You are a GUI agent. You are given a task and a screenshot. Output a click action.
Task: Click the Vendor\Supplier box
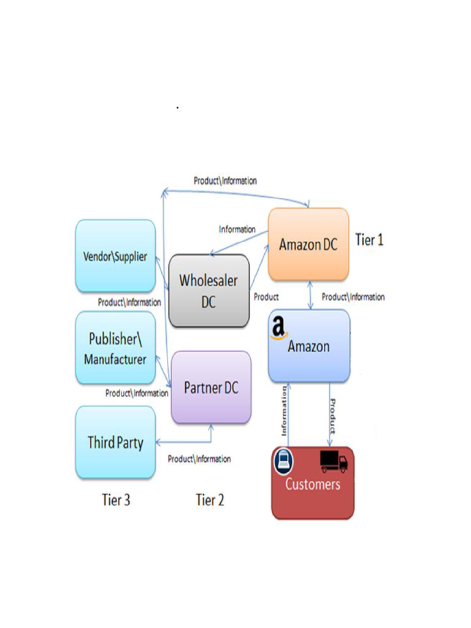[115, 256]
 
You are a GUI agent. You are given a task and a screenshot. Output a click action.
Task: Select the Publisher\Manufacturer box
[115, 348]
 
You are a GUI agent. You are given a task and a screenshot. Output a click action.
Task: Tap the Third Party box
[115, 442]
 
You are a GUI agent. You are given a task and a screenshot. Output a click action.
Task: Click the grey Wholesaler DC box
[209, 291]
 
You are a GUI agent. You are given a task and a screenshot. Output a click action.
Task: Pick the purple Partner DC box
[211, 388]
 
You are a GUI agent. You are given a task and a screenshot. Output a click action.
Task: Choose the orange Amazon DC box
[308, 244]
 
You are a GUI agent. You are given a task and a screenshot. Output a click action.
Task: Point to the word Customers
[312, 484]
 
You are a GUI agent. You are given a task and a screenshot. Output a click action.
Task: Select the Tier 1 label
[369, 240]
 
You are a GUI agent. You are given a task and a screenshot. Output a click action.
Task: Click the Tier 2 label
[210, 500]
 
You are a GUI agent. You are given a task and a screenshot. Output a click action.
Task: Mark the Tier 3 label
[116, 500]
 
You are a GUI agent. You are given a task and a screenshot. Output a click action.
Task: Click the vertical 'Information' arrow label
[284, 411]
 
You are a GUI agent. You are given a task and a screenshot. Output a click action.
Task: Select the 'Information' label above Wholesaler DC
[237, 229]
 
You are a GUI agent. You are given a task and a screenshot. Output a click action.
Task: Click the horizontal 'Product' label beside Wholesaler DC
[266, 297]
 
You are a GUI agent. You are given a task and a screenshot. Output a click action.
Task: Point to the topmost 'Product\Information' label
[225, 181]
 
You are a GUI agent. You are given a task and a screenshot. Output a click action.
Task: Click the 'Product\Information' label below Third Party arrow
[199, 459]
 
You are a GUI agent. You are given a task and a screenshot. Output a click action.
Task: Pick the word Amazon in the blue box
[308, 347]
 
